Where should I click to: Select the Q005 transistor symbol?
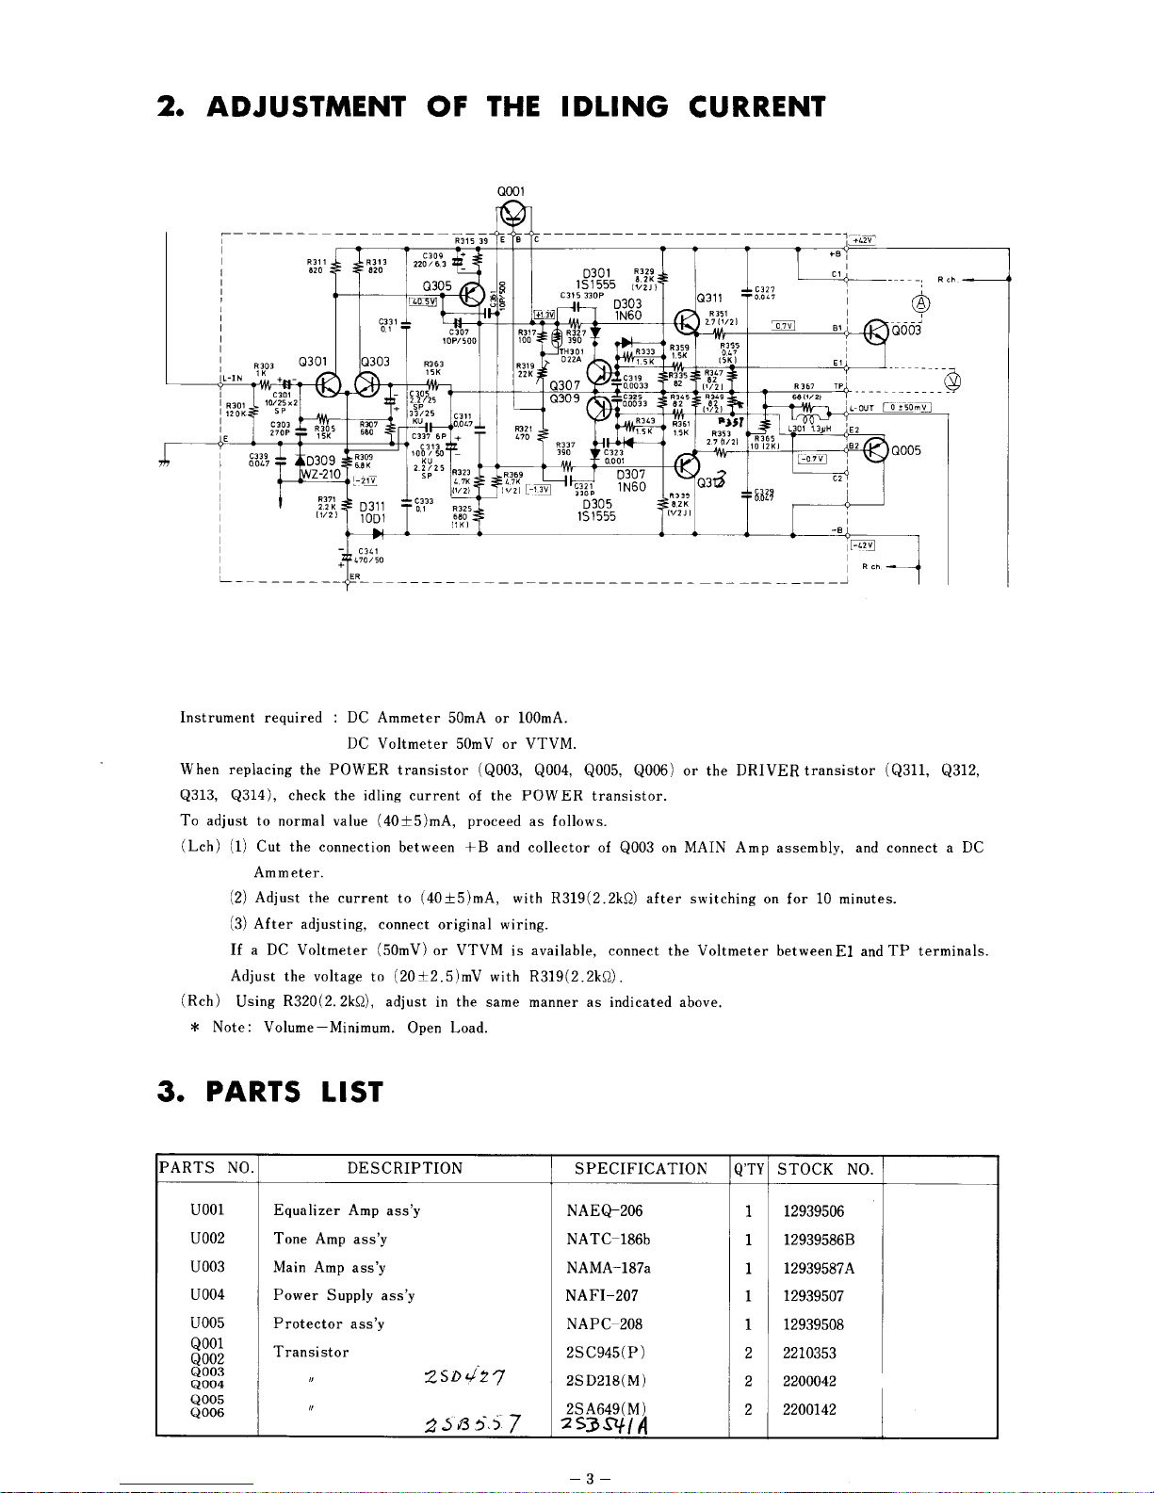point(876,449)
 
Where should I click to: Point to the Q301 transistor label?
point(312,361)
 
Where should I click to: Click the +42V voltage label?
point(861,240)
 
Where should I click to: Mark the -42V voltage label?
point(862,544)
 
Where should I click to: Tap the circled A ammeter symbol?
point(920,303)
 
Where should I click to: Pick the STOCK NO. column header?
point(825,1169)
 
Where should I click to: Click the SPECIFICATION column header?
point(641,1169)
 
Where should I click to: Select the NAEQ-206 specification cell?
point(604,1211)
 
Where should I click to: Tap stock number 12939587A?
point(819,1268)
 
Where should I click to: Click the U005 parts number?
point(207,1323)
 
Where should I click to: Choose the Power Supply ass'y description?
point(344,1296)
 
